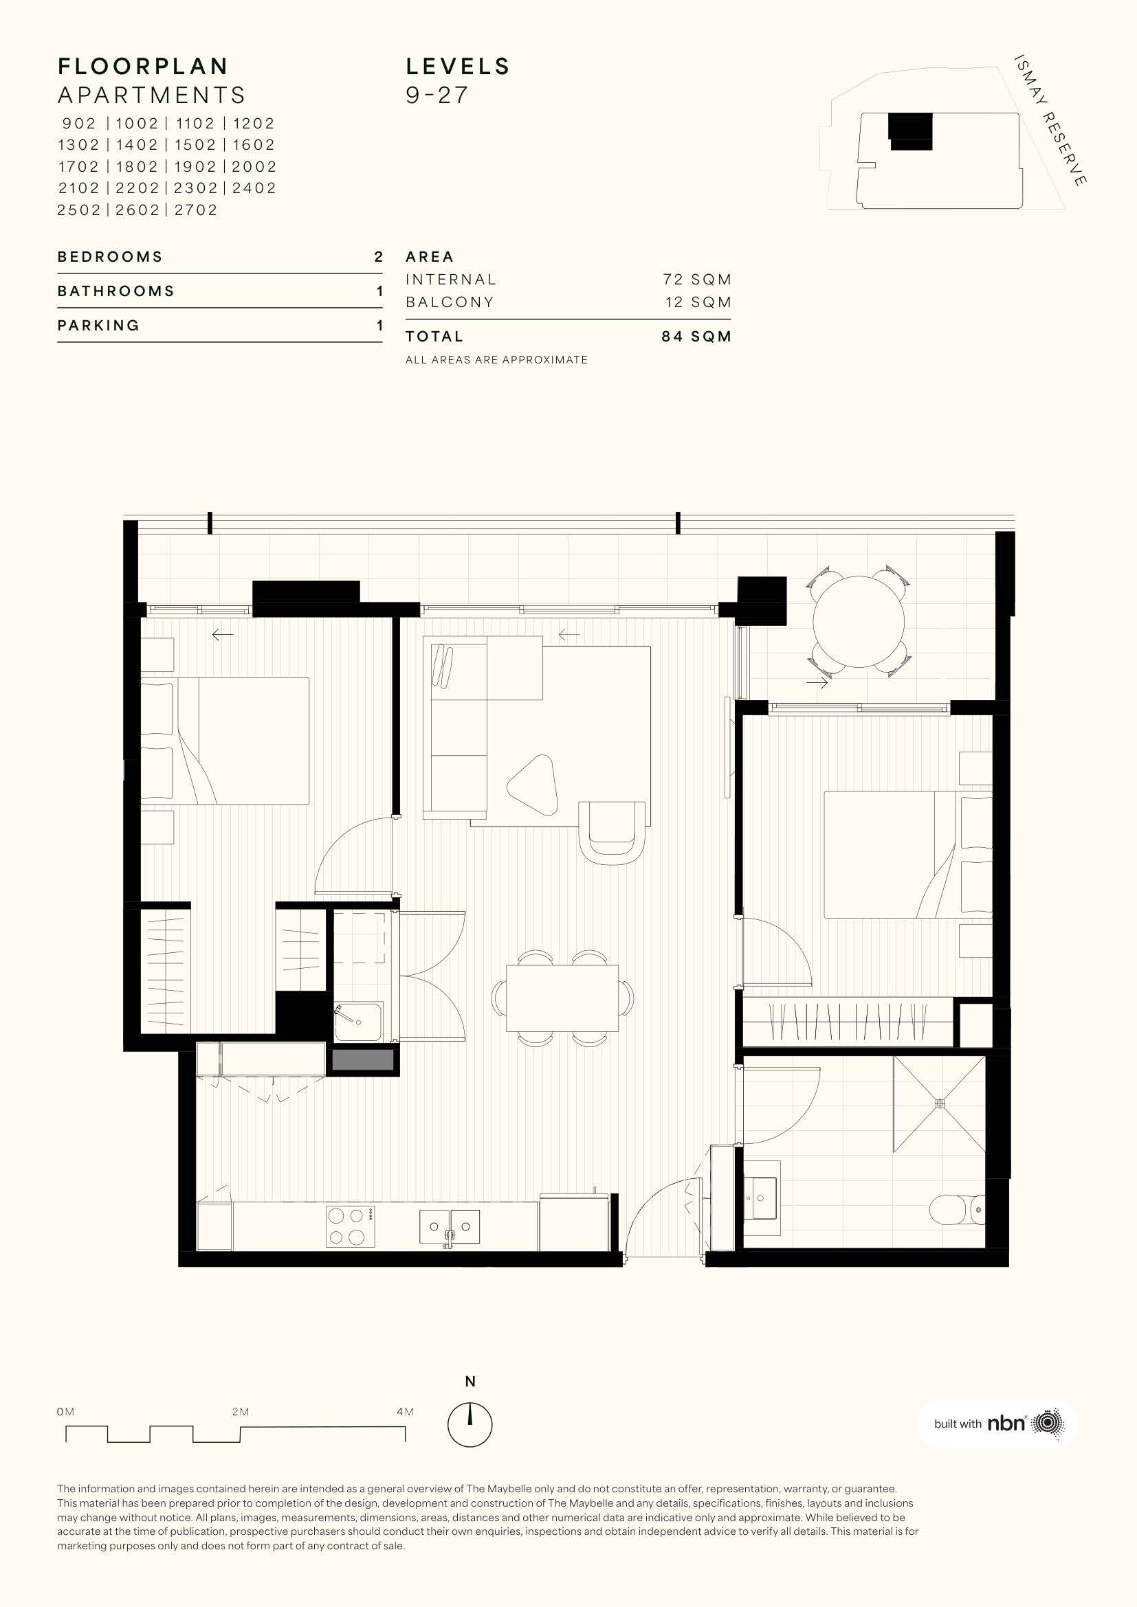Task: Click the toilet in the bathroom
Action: [957, 1209]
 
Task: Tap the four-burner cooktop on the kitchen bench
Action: [350, 1226]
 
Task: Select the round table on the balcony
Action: [859, 621]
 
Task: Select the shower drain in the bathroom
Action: [940, 1104]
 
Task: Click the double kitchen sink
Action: [450, 1228]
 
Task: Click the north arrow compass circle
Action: [470, 1424]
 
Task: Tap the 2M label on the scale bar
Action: [240, 1412]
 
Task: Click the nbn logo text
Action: [1006, 1424]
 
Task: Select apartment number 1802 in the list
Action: [137, 166]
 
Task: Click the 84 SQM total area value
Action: [696, 337]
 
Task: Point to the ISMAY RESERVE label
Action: [1051, 120]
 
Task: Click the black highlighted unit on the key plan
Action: [911, 132]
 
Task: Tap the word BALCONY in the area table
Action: [450, 302]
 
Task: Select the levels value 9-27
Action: [437, 95]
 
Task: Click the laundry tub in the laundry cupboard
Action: [358, 1022]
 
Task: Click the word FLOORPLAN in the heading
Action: [143, 67]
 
